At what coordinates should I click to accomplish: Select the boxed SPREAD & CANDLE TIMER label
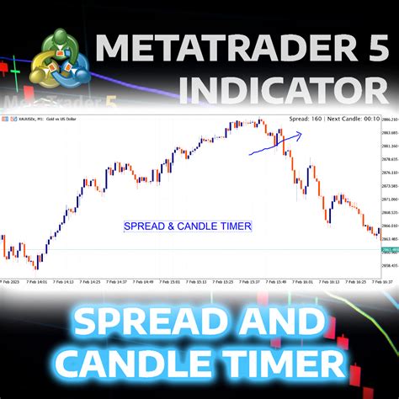pos(187,226)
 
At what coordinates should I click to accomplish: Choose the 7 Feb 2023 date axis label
pos(11,281)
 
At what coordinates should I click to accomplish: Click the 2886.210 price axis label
pos(389,133)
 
